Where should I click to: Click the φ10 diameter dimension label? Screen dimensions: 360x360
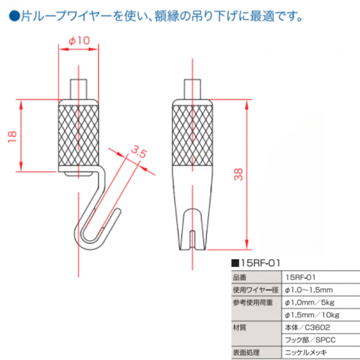pos(79,41)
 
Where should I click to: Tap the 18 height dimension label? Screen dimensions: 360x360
pos(12,137)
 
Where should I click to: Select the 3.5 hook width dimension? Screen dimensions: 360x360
pos(139,152)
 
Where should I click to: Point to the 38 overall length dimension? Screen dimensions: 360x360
pos(238,175)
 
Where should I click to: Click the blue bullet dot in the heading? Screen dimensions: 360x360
pos(14,16)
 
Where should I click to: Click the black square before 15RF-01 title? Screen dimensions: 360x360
pos(235,263)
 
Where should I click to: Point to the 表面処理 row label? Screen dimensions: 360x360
pos(246,352)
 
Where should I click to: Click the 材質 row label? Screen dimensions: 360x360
pos(240,327)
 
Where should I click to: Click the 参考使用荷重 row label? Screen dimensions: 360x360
pos(253,302)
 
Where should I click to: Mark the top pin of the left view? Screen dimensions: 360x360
pos(79,89)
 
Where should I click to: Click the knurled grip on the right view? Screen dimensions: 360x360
pos(192,135)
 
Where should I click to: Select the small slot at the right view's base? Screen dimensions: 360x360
pos(192,240)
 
